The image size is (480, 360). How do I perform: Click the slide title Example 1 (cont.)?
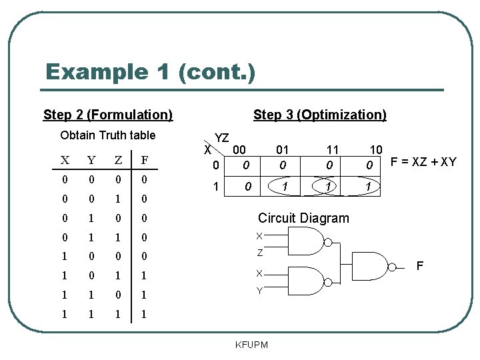(x=150, y=72)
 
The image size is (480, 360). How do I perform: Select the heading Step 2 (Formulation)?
(x=108, y=115)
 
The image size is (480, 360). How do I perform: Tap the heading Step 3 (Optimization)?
(x=319, y=115)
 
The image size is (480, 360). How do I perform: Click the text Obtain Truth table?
(x=107, y=135)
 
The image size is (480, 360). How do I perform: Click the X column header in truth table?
(x=65, y=160)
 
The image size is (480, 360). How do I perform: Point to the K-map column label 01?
(x=283, y=151)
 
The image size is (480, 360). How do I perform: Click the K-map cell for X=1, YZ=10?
(x=368, y=187)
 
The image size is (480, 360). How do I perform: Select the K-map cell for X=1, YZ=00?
(x=247, y=187)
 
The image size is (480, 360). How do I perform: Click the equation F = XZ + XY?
(x=423, y=161)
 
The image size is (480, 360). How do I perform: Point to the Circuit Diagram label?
(x=303, y=218)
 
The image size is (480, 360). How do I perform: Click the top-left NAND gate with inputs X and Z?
(x=306, y=243)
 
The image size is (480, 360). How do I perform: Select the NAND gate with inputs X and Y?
(x=306, y=282)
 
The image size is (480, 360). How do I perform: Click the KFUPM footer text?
(x=252, y=345)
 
